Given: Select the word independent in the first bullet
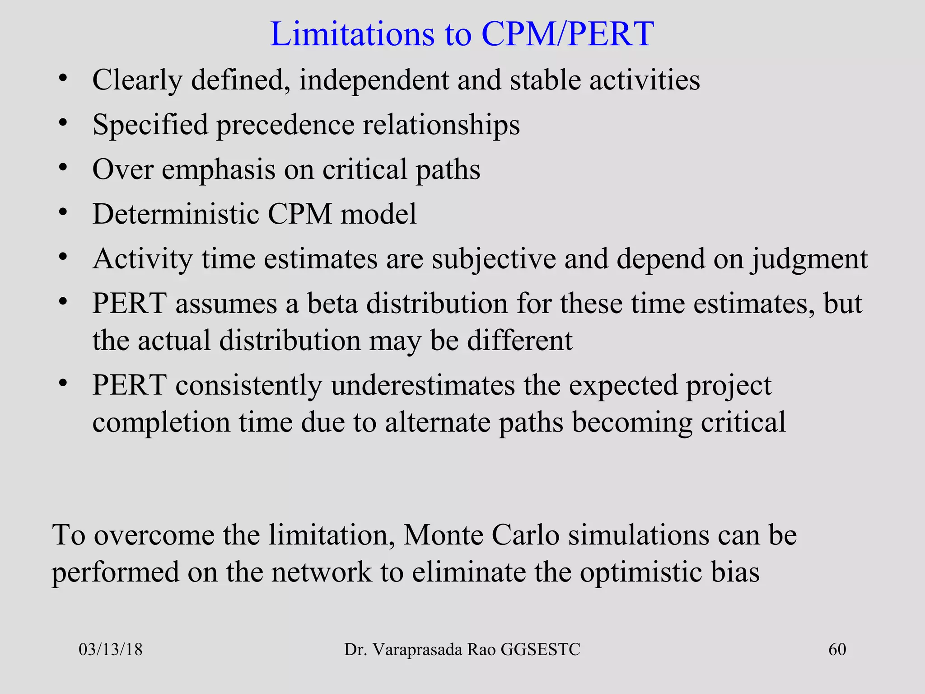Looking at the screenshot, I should click(374, 80).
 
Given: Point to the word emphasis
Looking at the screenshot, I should click(219, 169).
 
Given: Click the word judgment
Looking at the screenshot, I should click(809, 259).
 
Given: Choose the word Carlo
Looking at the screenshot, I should click(525, 535).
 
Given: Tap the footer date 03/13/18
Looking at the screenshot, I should click(111, 650).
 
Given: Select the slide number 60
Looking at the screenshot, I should click(837, 650).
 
